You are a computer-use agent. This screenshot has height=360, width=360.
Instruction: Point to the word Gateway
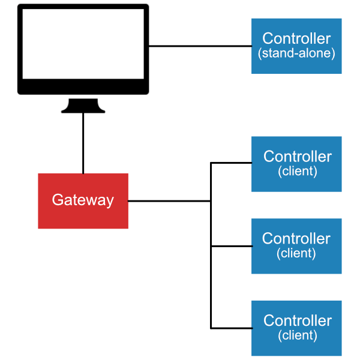[x=83, y=200]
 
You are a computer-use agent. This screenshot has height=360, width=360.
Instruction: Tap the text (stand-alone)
[x=296, y=53]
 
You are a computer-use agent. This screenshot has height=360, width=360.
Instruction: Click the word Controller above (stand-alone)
[x=296, y=38]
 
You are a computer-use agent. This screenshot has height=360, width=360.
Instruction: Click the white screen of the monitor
[x=83, y=44]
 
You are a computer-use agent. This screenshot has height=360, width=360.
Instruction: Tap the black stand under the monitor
[x=83, y=106]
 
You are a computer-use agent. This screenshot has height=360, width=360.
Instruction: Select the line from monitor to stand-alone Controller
[x=200, y=46]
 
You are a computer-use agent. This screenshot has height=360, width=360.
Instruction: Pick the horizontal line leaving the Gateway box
[x=169, y=201]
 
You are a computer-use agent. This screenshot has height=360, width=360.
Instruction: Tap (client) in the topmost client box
[x=297, y=171]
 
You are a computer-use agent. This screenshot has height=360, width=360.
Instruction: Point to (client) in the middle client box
[x=296, y=253]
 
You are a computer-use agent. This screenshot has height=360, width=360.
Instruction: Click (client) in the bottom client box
[x=297, y=335]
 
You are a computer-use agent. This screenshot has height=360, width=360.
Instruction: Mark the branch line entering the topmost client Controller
[x=231, y=163]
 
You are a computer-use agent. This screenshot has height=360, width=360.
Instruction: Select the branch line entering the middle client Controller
[x=231, y=245]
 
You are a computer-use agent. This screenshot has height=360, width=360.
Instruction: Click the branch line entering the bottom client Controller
[x=231, y=328]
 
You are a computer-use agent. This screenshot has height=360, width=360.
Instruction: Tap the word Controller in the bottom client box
[x=297, y=320]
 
